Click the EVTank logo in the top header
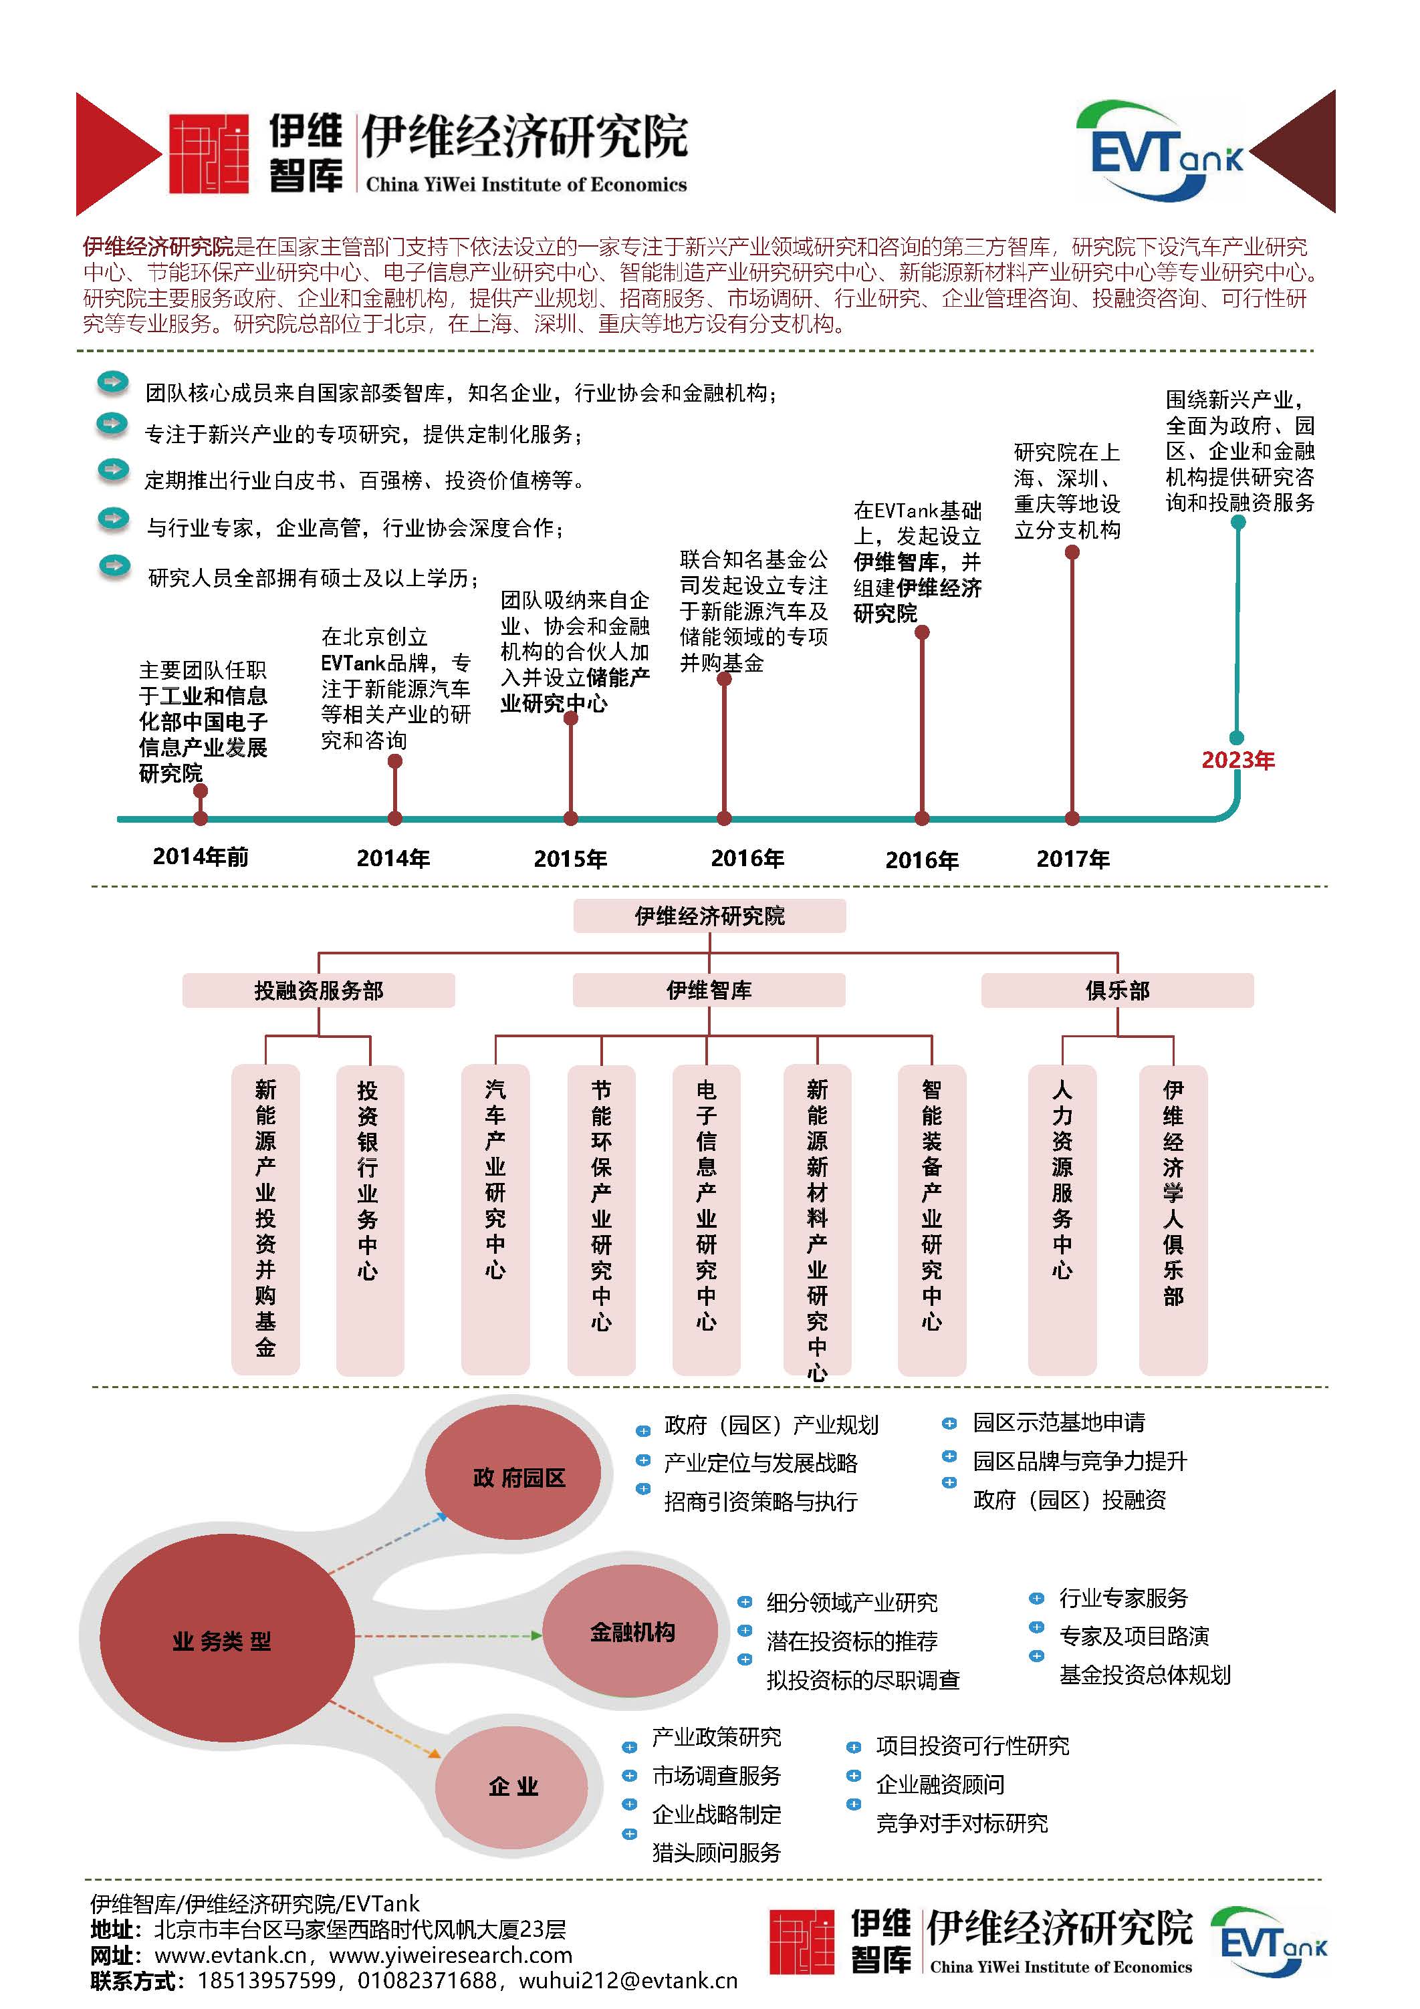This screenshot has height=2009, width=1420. (1159, 150)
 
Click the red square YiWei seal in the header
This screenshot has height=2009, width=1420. (209, 154)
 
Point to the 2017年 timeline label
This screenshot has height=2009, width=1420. (1072, 858)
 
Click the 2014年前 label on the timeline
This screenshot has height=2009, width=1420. (201, 857)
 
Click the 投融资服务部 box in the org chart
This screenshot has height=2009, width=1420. (319, 990)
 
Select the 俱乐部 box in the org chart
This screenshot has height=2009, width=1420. (1117, 990)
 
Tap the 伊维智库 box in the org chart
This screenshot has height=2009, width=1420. (709, 990)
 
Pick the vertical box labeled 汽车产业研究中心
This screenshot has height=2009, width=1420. (495, 1220)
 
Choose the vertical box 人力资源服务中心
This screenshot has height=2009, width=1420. (1062, 1220)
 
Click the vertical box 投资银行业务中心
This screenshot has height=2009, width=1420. (370, 1220)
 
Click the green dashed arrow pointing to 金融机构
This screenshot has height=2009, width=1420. (449, 1635)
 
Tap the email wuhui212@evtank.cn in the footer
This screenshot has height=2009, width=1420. (628, 1980)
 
